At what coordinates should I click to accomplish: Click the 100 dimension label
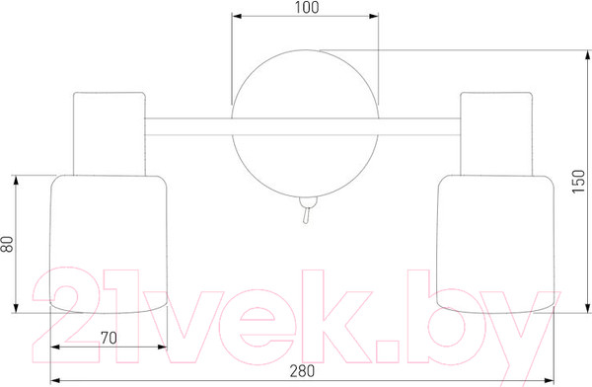(x=307, y=8)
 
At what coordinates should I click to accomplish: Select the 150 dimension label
(x=578, y=182)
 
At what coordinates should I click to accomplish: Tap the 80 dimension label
(x=7, y=244)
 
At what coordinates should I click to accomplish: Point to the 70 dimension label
(x=109, y=338)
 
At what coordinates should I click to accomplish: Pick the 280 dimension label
(x=302, y=371)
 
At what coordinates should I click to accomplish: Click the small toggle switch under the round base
(x=307, y=210)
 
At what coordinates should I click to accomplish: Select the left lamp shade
(x=109, y=244)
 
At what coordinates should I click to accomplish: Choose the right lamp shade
(x=495, y=244)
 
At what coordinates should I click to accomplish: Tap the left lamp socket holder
(x=110, y=134)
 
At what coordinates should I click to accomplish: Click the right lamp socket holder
(x=496, y=134)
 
